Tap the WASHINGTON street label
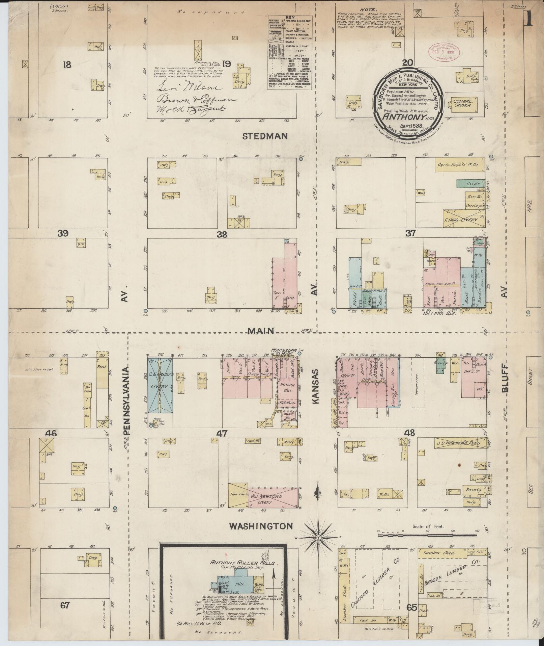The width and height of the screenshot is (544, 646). click(x=261, y=526)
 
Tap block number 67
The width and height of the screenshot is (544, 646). click(x=64, y=605)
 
